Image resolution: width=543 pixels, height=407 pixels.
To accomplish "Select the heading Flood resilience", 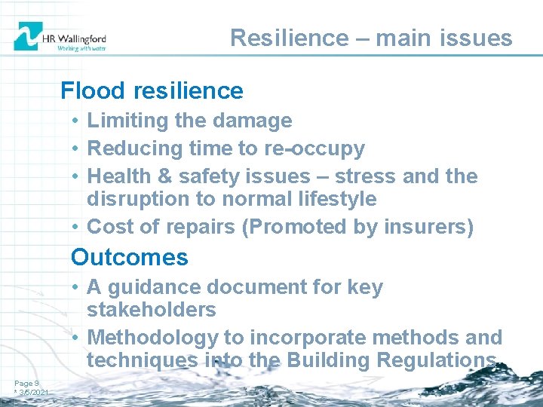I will click(x=152, y=90).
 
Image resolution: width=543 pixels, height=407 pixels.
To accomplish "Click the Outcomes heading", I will click(x=129, y=257).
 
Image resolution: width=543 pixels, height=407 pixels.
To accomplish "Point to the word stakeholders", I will click(x=152, y=310).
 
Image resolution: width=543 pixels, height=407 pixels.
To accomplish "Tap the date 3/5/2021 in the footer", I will click(x=33, y=393).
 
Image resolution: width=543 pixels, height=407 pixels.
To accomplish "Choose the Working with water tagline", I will click(x=81, y=47).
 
